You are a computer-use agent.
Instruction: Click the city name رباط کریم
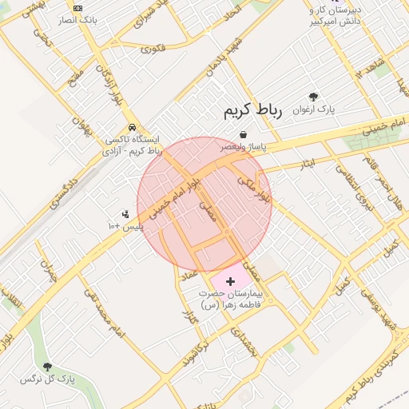coord(253,112)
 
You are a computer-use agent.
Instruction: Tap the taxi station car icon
coord(131,128)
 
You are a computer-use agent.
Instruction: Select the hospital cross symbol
coord(231,281)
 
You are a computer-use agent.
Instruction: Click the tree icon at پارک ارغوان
coord(313,96)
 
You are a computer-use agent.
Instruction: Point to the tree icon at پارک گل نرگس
coord(47,367)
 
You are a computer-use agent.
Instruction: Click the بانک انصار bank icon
coord(77,8)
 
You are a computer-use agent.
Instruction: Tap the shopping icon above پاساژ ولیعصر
coord(242,135)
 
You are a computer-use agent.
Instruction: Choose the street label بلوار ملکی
coord(254,189)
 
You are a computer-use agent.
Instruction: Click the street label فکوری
coord(153,48)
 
